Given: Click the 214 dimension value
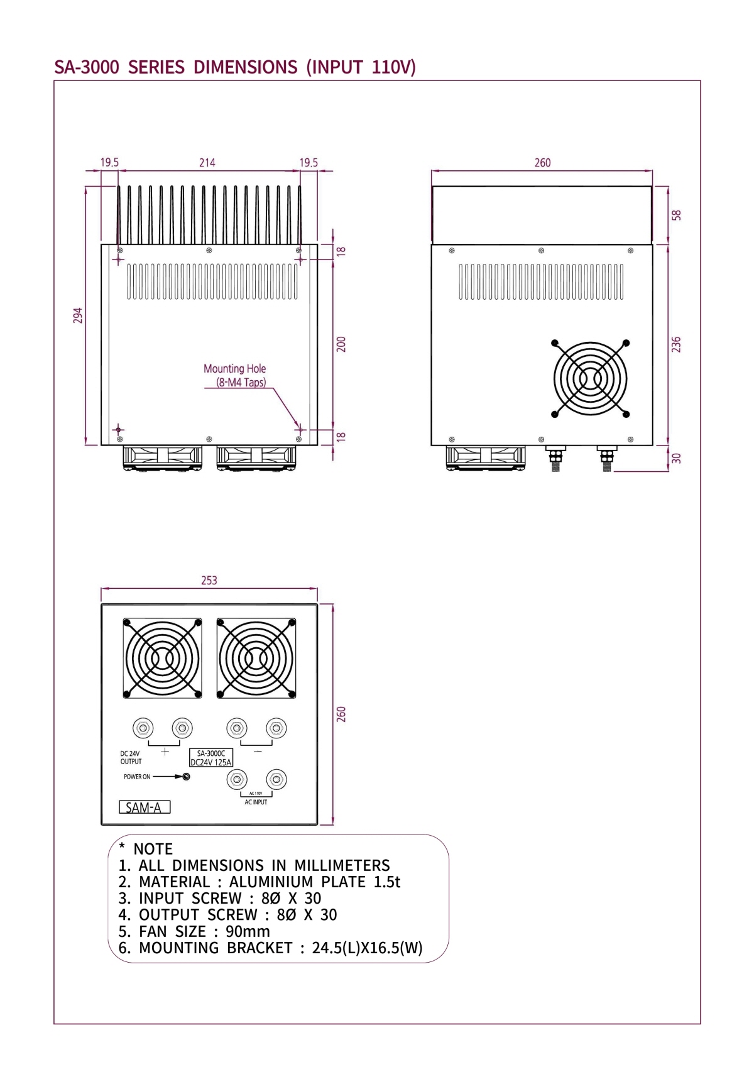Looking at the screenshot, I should (x=207, y=163).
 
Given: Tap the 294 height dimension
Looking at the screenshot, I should (x=78, y=315).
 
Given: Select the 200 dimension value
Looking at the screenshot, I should (x=341, y=344).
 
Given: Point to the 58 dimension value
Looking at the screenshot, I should (x=676, y=215).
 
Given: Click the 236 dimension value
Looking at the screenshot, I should (x=676, y=344).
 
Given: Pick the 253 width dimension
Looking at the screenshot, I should (x=209, y=581).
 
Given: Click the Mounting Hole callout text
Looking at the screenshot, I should (x=234, y=369).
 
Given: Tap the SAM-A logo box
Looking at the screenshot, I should (x=145, y=807).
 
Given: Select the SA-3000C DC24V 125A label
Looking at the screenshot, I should (x=211, y=758).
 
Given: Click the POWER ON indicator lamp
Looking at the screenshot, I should (x=186, y=777).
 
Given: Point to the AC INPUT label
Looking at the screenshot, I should (x=256, y=802).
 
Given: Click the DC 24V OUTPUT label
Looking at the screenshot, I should (x=131, y=757).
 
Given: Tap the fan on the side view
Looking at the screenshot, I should (x=590, y=378).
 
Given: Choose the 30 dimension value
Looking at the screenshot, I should (x=676, y=458).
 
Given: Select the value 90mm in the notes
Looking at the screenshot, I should (x=248, y=931).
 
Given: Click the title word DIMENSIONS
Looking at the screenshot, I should (x=245, y=67).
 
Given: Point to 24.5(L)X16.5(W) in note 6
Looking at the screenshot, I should (x=367, y=948).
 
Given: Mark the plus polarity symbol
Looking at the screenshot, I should (x=165, y=752).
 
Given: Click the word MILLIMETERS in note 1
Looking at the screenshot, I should (x=342, y=866).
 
